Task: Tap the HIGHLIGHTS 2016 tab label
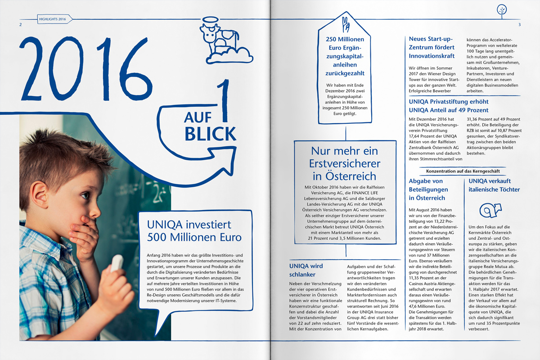click(53, 19)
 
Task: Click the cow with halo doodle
click(218, 40)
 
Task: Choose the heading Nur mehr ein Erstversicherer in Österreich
click(345, 163)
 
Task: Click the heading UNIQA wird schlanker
click(306, 270)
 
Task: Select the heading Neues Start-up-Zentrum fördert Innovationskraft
click(432, 47)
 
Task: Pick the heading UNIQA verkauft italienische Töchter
click(494, 185)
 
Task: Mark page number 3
click(519, 24)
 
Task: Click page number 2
click(20, 24)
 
